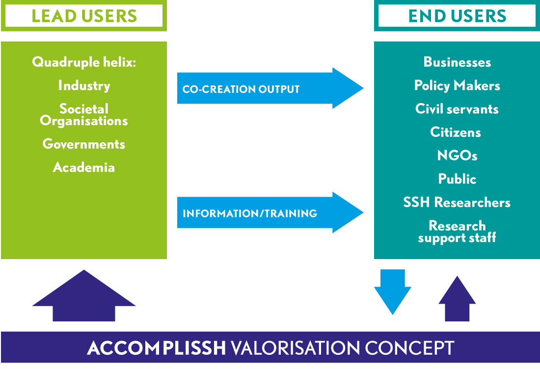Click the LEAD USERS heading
pyautogui.click(x=84, y=16)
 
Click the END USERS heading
pyautogui.click(x=457, y=16)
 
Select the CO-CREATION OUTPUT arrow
pyautogui.click(x=270, y=89)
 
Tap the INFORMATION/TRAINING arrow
pyautogui.click(x=270, y=213)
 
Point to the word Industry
pyautogui.click(x=84, y=86)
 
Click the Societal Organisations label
pyautogui.click(x=84, y=115)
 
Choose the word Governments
pyautogui.click(x=84, y=144)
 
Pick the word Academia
pyautogui.click(x=84, y=167)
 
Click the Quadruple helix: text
pyautogui.click(x=84, y=62)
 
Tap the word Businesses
pyautogui.click(x=457, y=62)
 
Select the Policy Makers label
pyautogui.click(x=457, y=86)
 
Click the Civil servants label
pyautogui.click(x=457, y=109)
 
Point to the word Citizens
pyautogui.click(x=456, y=132)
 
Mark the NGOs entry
pyautogui.click(x=457, y=156)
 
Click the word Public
pyautogui.click(x=457, y=179)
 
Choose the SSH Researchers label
pyautogui.click(x=457, y=203)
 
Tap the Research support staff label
pyautogui.click(x=457, y=232)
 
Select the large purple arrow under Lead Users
pyautogui.click(x=84, y=297)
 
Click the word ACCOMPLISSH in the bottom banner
pyautogui.click(x=157, y=348)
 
